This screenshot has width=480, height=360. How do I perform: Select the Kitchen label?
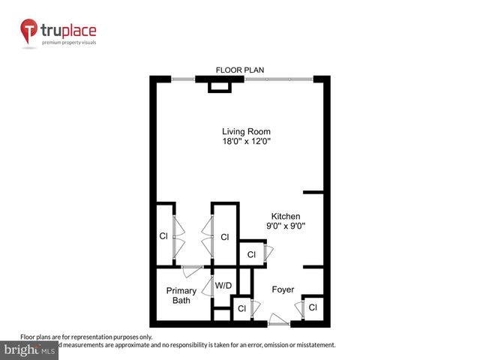(286, 215)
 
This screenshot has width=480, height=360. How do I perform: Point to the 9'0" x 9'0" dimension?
(286, 226)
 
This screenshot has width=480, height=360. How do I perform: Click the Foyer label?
(283, 289)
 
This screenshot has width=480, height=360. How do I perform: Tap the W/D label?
(223, 286)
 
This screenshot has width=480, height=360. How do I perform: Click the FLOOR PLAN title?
(239, 70)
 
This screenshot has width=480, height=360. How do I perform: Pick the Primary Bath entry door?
(193, 267)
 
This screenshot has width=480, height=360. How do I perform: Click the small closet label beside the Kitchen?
(251, 255)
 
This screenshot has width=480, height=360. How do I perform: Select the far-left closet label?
(163, 236)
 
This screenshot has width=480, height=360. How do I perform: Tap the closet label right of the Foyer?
(313, 307)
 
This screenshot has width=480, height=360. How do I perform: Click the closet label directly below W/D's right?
(241, 308)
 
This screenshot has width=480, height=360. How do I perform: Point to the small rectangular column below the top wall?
(220, 88)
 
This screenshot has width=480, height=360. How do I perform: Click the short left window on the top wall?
(184, 79)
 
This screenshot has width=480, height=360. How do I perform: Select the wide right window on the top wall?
(277, 79)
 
